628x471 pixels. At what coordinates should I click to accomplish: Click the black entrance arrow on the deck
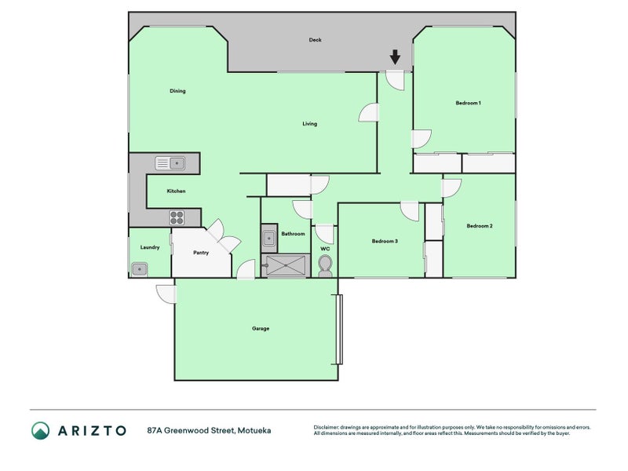(396, 57)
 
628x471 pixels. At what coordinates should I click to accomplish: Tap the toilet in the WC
(325, 266)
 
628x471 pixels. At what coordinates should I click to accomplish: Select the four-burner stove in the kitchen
(177, 217)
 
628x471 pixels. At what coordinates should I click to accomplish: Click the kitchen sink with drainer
(170, 163)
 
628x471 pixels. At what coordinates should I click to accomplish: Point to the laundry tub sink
(140, 269)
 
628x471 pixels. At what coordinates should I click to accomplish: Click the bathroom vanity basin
(269, 239)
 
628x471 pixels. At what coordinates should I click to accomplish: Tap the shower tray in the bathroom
(286, 265)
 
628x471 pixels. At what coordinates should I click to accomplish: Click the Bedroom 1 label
(468, 103)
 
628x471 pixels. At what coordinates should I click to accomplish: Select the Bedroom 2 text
(480, 226)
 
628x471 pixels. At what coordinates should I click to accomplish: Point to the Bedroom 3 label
(385, 241)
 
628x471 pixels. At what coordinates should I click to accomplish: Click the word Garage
(261, 328)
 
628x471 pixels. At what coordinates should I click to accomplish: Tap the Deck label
(316, 40)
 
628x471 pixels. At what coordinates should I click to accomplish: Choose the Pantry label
(201, 253)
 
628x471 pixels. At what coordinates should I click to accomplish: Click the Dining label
(177, 91)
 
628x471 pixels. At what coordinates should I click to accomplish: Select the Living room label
(309, 124)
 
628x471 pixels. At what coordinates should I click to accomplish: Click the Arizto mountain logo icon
(41, 430)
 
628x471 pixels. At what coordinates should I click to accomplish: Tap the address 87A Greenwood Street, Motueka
(209, 430)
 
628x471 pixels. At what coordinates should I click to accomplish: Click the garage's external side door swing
(166, 294)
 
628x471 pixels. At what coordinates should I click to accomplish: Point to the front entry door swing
(395, 81)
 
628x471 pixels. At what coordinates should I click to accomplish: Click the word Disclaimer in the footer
(326, 427)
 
